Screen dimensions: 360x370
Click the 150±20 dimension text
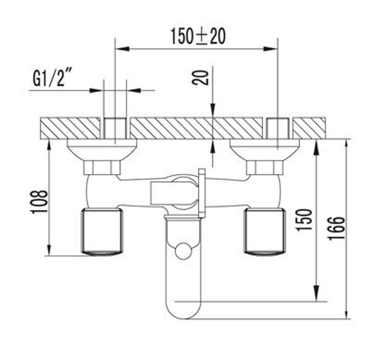pos(198,36)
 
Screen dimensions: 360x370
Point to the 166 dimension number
pos(337,228)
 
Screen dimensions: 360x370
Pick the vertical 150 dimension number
pos(305,220)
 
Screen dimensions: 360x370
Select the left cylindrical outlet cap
pos(101,231)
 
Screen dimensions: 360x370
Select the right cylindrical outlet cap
pos(265,231)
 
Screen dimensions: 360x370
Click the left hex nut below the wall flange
pos(102,167)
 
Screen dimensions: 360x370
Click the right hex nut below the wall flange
pos(265,167)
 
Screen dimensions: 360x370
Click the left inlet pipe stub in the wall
pos(115,128)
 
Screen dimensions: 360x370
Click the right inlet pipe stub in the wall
pos(277,128)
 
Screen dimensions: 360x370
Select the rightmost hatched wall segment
pos(309,128)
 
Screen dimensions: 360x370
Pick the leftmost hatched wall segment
pos(70,128)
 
